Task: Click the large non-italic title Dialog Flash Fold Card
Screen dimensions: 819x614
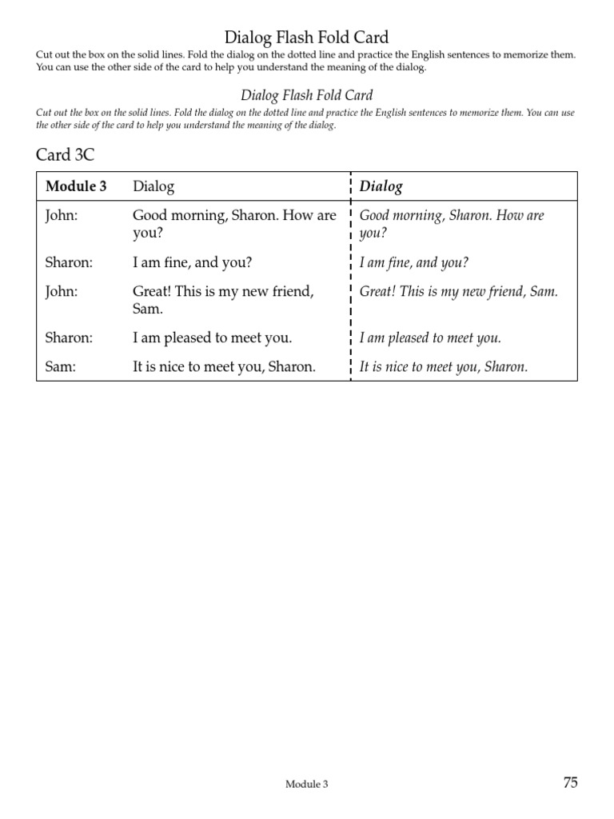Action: [307, 37]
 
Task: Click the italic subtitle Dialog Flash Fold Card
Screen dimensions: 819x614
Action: [307, 95]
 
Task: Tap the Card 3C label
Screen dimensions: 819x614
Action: [65, 154]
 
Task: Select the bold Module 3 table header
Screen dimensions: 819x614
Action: [76, 186]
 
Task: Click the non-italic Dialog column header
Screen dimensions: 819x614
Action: [153, 186]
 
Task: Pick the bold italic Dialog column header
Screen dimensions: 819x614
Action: [381, 186]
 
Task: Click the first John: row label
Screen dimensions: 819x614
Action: [62, 216]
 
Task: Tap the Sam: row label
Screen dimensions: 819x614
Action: [59, 367]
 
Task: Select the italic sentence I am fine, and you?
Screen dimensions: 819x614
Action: [414, 262]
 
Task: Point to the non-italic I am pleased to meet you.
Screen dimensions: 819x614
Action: [212, 338]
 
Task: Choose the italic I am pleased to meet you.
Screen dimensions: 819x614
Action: [430, 338]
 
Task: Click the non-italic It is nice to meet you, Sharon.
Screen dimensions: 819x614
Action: [224, 367]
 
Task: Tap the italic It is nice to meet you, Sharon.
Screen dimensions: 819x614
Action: [444, 367]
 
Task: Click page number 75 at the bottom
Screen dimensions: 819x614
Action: [570, 783]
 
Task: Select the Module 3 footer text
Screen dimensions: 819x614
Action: [307, 785]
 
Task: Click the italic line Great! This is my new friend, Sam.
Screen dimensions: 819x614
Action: [458, 292]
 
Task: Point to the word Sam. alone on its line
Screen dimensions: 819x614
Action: [148, 308]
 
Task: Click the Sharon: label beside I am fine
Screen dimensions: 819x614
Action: [69, 262]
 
